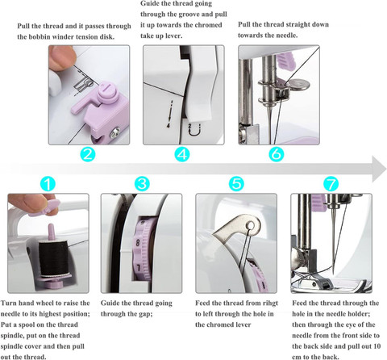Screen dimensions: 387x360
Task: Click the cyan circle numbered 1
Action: click(48, 184)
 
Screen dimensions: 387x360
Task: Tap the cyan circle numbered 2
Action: click(88, 154)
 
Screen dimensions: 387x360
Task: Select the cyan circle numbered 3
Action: click(142, 184)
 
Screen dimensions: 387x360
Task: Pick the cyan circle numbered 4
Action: click(182, 154)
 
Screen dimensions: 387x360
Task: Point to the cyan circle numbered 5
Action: click(236, 184)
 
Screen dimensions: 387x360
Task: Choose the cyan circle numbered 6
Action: click(277, 154)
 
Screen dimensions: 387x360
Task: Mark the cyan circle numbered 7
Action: click(331, 184)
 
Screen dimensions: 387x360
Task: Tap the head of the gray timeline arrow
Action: click(379, 169)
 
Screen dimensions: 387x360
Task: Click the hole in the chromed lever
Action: click(252, 224)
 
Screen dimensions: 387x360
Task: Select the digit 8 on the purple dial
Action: click(138, 243)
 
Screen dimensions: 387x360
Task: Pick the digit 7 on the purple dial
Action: click(139, 268)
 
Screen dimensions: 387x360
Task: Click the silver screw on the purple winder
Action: click(115, 132)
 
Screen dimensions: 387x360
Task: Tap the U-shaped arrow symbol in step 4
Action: click(193, 130)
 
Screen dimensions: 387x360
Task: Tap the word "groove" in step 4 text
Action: click(189, 15)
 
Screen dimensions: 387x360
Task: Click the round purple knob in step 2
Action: click(107, 92)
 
